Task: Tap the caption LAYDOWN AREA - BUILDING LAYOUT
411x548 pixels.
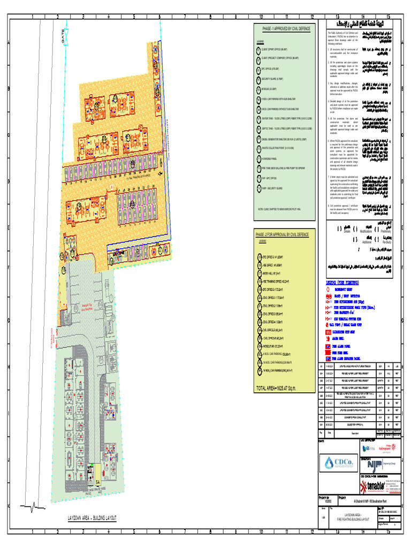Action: coord(92,518)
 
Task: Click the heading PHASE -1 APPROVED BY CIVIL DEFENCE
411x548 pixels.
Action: coord(285,28)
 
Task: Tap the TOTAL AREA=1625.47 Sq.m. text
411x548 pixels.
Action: coord(276,388)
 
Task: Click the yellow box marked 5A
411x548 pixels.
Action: coord(98,482)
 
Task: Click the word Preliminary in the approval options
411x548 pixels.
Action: coord(385,231)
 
